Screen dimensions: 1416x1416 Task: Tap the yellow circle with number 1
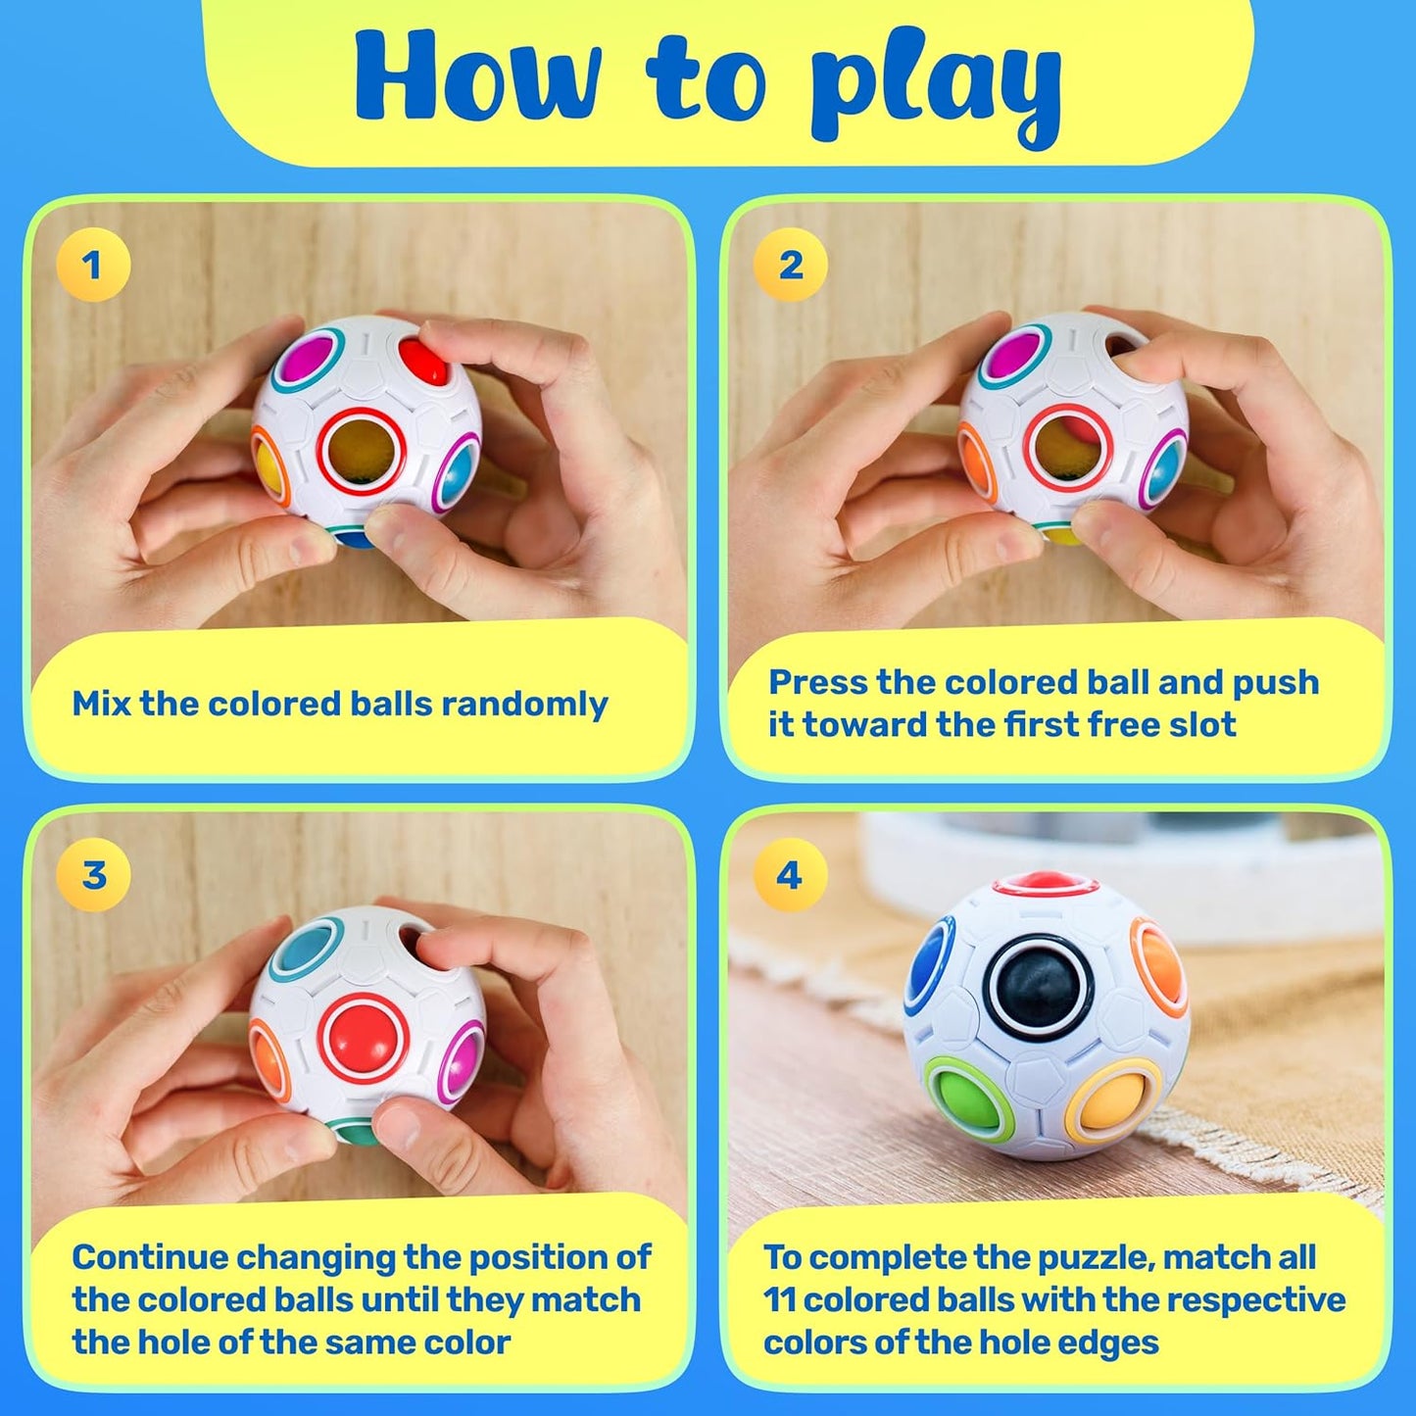(x=93, y=265)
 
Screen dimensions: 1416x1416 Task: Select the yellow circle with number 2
(x=790, y=265)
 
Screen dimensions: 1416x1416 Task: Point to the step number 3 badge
(x=93, y=874)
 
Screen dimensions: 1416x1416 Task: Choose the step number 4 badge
(x=790, y=874)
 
